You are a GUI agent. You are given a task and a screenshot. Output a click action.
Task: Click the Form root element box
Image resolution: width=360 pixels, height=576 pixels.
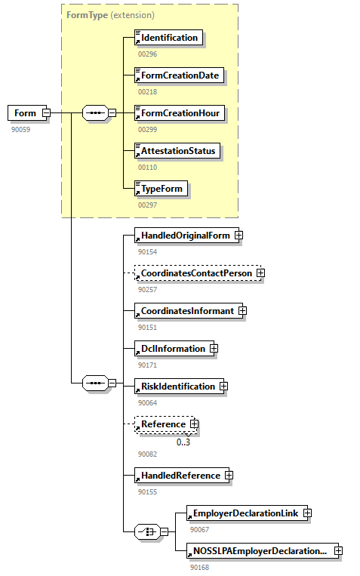pos(25,113)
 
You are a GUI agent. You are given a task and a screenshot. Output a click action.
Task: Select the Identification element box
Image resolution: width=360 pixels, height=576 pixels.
pos(168,38)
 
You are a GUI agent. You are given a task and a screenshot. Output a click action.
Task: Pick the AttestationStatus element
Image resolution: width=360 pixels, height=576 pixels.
pos(178,151)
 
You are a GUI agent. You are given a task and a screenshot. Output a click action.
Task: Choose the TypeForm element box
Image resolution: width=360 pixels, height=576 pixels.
pos(161,188)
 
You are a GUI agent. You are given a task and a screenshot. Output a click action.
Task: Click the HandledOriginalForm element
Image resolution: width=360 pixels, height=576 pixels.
pos(184,236)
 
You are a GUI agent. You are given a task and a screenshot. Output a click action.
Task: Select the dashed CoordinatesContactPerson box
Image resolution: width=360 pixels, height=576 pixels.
pos(195,273)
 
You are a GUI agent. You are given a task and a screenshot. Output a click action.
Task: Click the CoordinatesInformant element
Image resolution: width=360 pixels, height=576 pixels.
pos(186,311)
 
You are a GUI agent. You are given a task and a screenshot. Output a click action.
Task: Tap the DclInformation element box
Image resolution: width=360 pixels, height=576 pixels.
pos(172,349)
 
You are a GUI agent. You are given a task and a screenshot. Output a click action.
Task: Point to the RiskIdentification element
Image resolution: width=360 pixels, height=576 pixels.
pos(177,387)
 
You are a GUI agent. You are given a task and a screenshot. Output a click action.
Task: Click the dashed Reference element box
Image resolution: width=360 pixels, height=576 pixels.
pos(163,424)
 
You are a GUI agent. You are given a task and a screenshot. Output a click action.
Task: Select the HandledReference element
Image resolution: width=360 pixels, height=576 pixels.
pos(180,476)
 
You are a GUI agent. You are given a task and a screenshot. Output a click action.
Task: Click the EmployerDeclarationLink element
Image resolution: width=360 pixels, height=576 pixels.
pos(246,513)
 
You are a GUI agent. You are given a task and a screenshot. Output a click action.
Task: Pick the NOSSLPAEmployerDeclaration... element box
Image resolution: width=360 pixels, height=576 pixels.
pos(259,551)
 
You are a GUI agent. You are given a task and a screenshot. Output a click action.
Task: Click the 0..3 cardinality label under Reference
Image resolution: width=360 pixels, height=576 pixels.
pos(183,442)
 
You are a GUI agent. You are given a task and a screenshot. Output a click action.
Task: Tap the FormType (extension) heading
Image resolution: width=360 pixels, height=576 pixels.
pos(110,14)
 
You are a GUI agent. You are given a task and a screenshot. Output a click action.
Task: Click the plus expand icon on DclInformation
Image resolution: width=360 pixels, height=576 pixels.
pos(214,349)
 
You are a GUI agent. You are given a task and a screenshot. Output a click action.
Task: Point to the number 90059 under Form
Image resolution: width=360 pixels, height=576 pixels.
pos(21,130)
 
